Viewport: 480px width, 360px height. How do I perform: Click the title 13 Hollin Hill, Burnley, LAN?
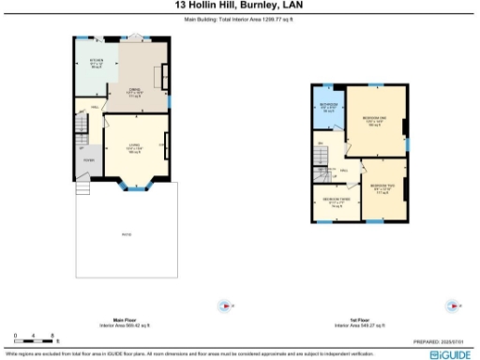(239, 6)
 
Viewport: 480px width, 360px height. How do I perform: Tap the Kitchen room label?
(96, 64)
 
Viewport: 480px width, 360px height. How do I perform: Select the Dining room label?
(133, 92)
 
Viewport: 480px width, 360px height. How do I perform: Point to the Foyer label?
(89, 160)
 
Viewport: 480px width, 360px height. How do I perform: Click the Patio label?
(127, 233)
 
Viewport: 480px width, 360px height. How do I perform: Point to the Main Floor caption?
(118, 319)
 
